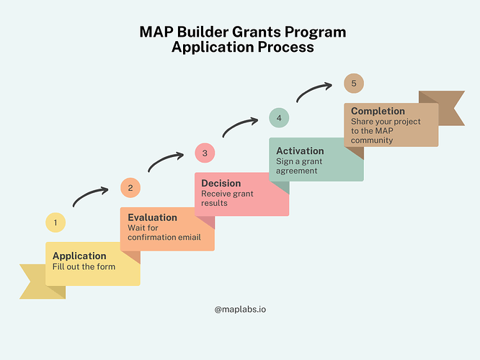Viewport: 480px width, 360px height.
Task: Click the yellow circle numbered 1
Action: pos(55,222)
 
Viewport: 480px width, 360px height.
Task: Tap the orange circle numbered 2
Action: pos(130,187)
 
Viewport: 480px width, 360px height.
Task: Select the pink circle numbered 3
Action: pos(205,153)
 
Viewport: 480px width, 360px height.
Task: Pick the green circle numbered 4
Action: pos(279,118)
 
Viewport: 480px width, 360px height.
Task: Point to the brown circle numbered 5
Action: pos(354,84)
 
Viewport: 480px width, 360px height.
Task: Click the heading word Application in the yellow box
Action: pos(79,256)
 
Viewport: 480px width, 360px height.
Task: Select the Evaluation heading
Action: pos(153,217)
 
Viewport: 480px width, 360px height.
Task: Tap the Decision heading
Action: pos(221,183)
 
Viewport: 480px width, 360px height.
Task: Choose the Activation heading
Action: pos(300,150)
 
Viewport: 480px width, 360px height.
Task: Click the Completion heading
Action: pos(378,111)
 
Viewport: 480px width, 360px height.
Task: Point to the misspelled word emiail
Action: pos(190,238)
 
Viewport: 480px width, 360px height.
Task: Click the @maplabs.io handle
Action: pos(240,310)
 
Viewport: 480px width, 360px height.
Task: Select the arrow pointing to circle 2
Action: pos(89,194)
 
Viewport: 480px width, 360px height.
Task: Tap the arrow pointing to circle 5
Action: pos(312,90)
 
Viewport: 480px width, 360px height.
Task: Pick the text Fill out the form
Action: pos(84,266)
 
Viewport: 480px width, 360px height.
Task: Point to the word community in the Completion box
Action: pos(372,140)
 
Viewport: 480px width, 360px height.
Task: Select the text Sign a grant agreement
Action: pos(299,166)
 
